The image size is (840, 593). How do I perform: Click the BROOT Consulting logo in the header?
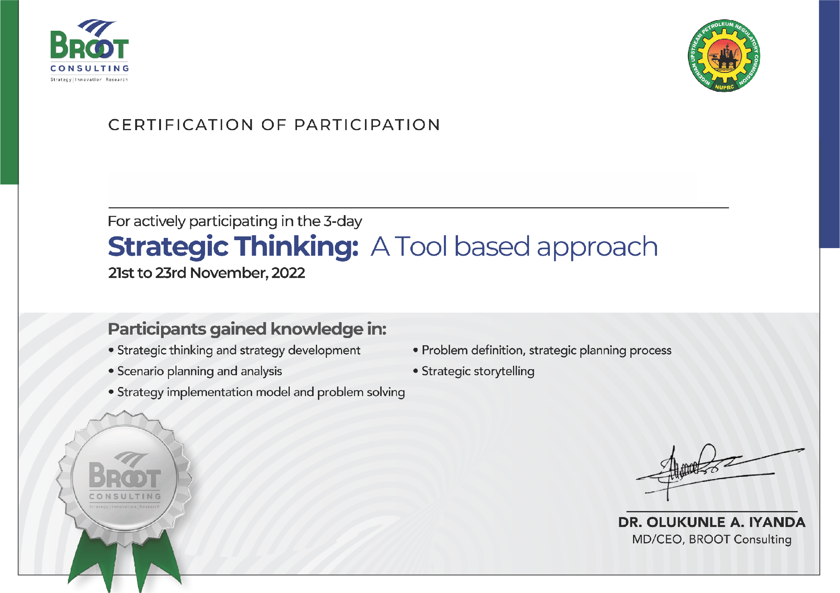90,50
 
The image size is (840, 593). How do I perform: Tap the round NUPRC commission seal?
724,56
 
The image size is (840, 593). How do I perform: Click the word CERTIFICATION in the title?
181,125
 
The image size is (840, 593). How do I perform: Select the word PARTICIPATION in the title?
367,125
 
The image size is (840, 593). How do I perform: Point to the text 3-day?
343,221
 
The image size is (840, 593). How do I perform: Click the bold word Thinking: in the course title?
296,247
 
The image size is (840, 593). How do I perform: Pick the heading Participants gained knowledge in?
247,329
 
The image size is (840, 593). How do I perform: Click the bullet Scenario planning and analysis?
195,371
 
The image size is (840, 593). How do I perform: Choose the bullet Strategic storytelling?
474,371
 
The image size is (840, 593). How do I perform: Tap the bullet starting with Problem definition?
542,350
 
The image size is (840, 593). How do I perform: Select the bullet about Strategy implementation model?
257,392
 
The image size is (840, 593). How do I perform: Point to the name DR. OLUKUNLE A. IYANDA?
712,522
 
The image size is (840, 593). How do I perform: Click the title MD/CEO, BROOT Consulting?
712,540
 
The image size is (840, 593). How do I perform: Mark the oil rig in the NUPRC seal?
725,57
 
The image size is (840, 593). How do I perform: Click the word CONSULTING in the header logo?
90,68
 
